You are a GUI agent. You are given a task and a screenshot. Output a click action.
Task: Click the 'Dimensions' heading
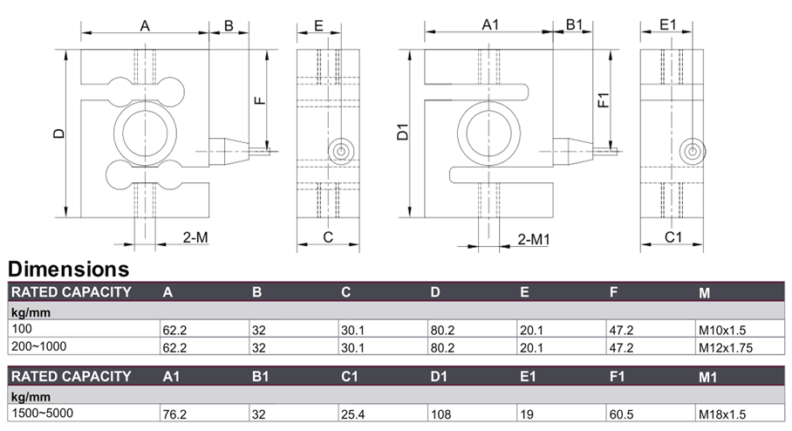69,269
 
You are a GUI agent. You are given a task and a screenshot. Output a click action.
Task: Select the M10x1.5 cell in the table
722,331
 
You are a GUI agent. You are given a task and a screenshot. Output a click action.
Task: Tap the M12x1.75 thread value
726,347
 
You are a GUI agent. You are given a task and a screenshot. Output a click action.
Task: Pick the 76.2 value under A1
174,414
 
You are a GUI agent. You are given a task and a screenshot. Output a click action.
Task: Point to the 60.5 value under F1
621,414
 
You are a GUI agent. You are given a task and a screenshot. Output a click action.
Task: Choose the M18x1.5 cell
722,414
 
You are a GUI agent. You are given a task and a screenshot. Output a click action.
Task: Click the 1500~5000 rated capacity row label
43,413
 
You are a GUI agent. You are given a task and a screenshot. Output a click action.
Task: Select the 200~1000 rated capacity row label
39,346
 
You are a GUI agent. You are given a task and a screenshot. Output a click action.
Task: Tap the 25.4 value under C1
352,414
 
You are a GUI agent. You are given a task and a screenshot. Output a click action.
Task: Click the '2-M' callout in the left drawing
195,237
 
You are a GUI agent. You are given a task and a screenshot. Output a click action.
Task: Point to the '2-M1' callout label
534,239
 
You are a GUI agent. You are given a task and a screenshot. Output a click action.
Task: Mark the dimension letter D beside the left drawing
59,133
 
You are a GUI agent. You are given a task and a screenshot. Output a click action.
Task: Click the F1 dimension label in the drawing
604,100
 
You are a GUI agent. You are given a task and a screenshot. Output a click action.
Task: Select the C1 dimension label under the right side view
673,237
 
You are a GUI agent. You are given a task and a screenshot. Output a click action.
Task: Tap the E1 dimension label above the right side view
668,24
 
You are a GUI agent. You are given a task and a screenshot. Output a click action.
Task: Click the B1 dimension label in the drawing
574,24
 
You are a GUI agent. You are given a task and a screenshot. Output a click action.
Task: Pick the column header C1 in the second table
349,376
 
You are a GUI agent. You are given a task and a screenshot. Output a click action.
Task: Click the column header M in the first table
704,293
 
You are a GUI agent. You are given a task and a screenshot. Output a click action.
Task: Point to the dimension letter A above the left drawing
145,26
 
